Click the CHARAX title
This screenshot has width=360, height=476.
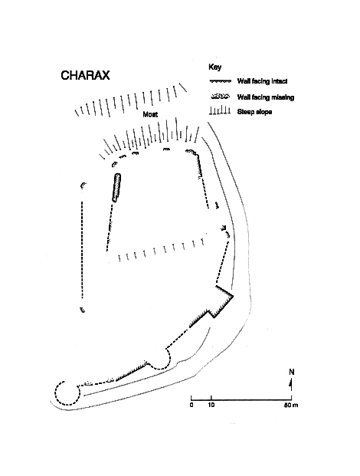click(x=85, y=75)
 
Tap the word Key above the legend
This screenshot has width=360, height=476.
click(x=214, y=67)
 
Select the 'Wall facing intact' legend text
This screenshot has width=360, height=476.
click(x=262, y=81)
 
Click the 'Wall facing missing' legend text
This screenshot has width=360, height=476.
click(x=265, y=97)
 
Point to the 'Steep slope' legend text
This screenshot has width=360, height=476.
click(x=254, y=112)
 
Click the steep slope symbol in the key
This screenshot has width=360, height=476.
click(x=220, y=111)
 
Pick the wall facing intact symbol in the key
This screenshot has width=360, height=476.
click(x=220, y=81)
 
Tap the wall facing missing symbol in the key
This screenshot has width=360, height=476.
click(x=220, y=97)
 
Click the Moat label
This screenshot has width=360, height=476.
click(x=150, y=114)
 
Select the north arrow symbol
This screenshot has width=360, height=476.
click(x=291, y=384)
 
